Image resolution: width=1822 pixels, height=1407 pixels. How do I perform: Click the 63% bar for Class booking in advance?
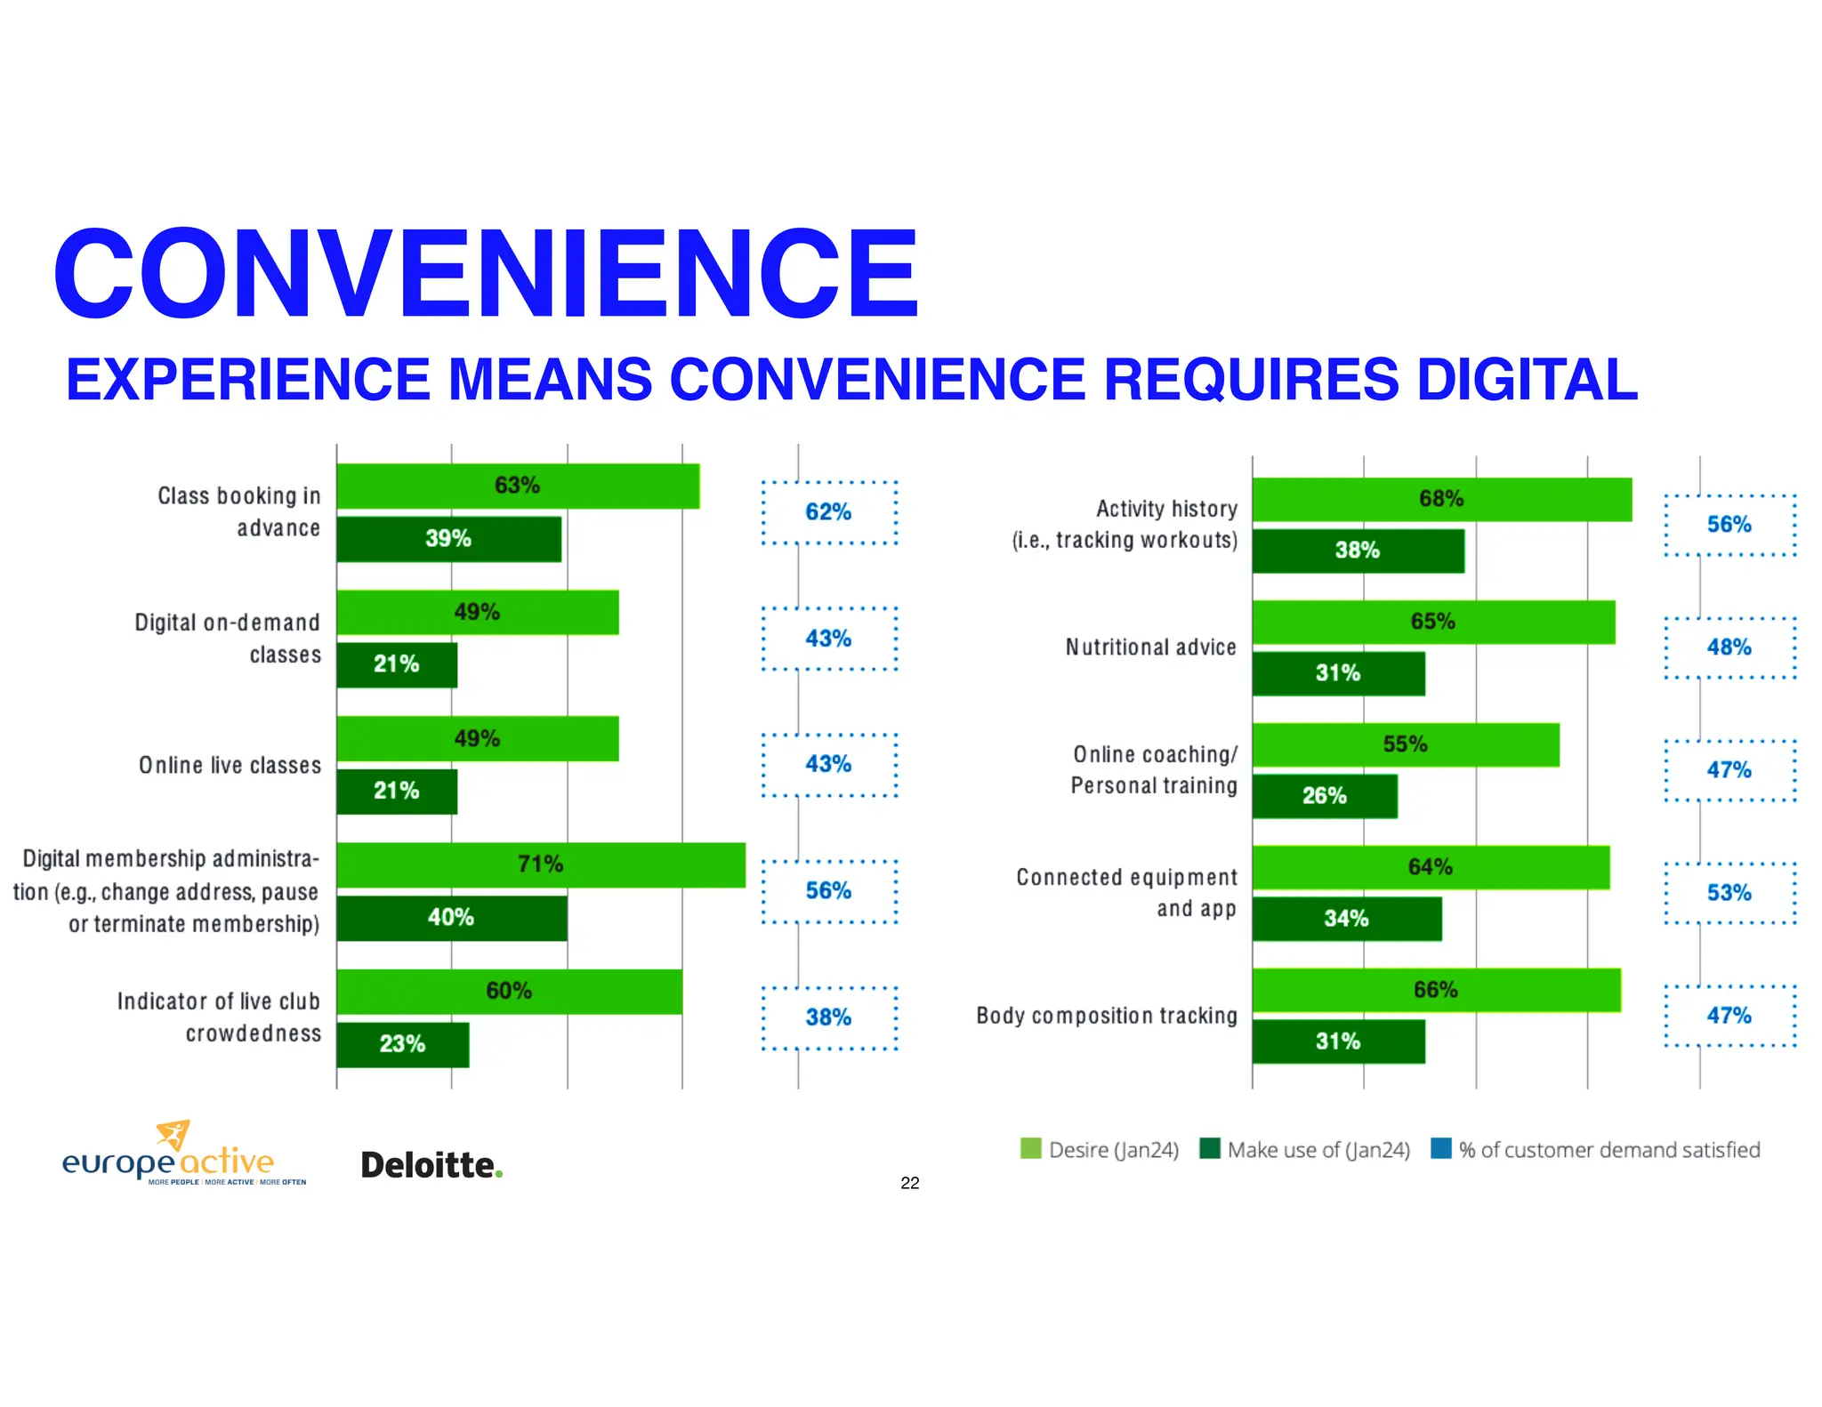[x=518, y=486]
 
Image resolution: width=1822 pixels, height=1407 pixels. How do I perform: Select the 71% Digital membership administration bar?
[x=540, y=864]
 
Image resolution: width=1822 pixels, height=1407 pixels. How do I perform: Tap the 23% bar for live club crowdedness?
[x=402, y=1044]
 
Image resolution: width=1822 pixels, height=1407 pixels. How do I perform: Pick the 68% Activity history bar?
[x=1441, y=499]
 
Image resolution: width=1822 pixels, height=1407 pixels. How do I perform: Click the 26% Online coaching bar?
[x=1324, y=796]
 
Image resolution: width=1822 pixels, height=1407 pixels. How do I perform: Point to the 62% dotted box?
[x=828, y=512]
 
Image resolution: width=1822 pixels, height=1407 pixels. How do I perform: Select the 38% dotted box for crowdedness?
[x=828, y=1017]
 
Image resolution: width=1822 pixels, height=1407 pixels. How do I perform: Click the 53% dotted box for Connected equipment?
[x=1729, y=893]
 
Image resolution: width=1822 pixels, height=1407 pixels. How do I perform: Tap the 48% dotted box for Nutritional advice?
[x=1729, y=647]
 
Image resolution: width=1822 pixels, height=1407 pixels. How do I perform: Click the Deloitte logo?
[x=431, y=1165]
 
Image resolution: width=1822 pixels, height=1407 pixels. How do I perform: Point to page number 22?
[x=909, y=1183]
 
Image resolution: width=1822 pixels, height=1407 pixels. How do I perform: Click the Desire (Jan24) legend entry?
[x=1100, y=1150]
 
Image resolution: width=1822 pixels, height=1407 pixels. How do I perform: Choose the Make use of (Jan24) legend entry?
[x=1305, y=1150]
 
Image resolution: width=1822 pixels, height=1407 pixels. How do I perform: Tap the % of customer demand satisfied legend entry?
[x=1596, y=1150]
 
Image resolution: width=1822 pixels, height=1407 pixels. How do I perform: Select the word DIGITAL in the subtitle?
[x=1527, y=380]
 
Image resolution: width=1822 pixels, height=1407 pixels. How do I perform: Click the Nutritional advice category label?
[x=1150, y=647]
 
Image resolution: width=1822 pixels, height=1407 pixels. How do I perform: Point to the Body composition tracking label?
[x=1107, y=1016]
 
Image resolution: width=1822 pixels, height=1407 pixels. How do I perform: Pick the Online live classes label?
[x=230, y=766]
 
